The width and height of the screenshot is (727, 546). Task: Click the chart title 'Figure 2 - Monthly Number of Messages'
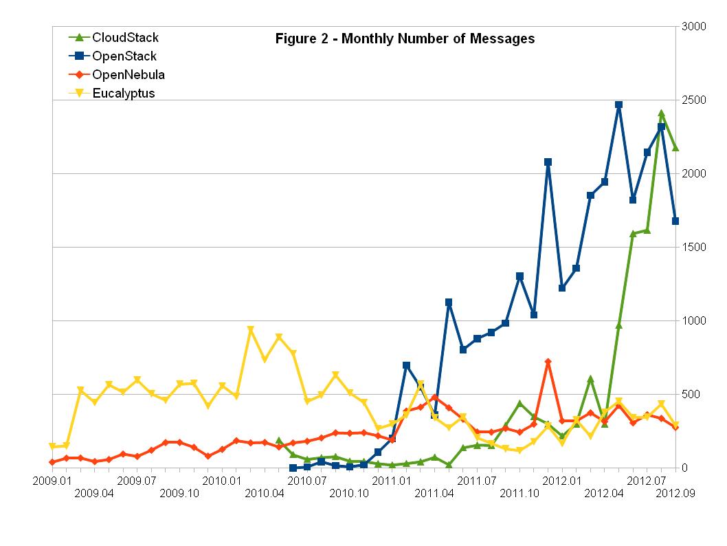[x=405, y=39]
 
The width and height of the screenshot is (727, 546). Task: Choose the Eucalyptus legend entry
[x=124, y=94]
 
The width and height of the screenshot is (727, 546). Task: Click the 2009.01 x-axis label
[x=51, y=479]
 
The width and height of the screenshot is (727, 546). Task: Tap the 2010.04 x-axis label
[x=265, y=493]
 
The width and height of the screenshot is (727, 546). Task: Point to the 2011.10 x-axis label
[x=519, y=493]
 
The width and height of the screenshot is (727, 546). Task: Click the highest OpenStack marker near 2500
[x=618, y=105]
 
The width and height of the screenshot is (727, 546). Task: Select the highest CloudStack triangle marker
[x=661, y=113]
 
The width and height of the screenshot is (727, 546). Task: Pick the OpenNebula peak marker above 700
[x=548, y=362]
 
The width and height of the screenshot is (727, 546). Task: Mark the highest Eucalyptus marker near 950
[x=251, y=330]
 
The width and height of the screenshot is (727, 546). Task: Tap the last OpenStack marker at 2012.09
[x=675, y=221]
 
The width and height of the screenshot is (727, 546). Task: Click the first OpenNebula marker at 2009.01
[x=52, y=462]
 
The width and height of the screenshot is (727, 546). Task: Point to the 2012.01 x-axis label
[x=562, y=479]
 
